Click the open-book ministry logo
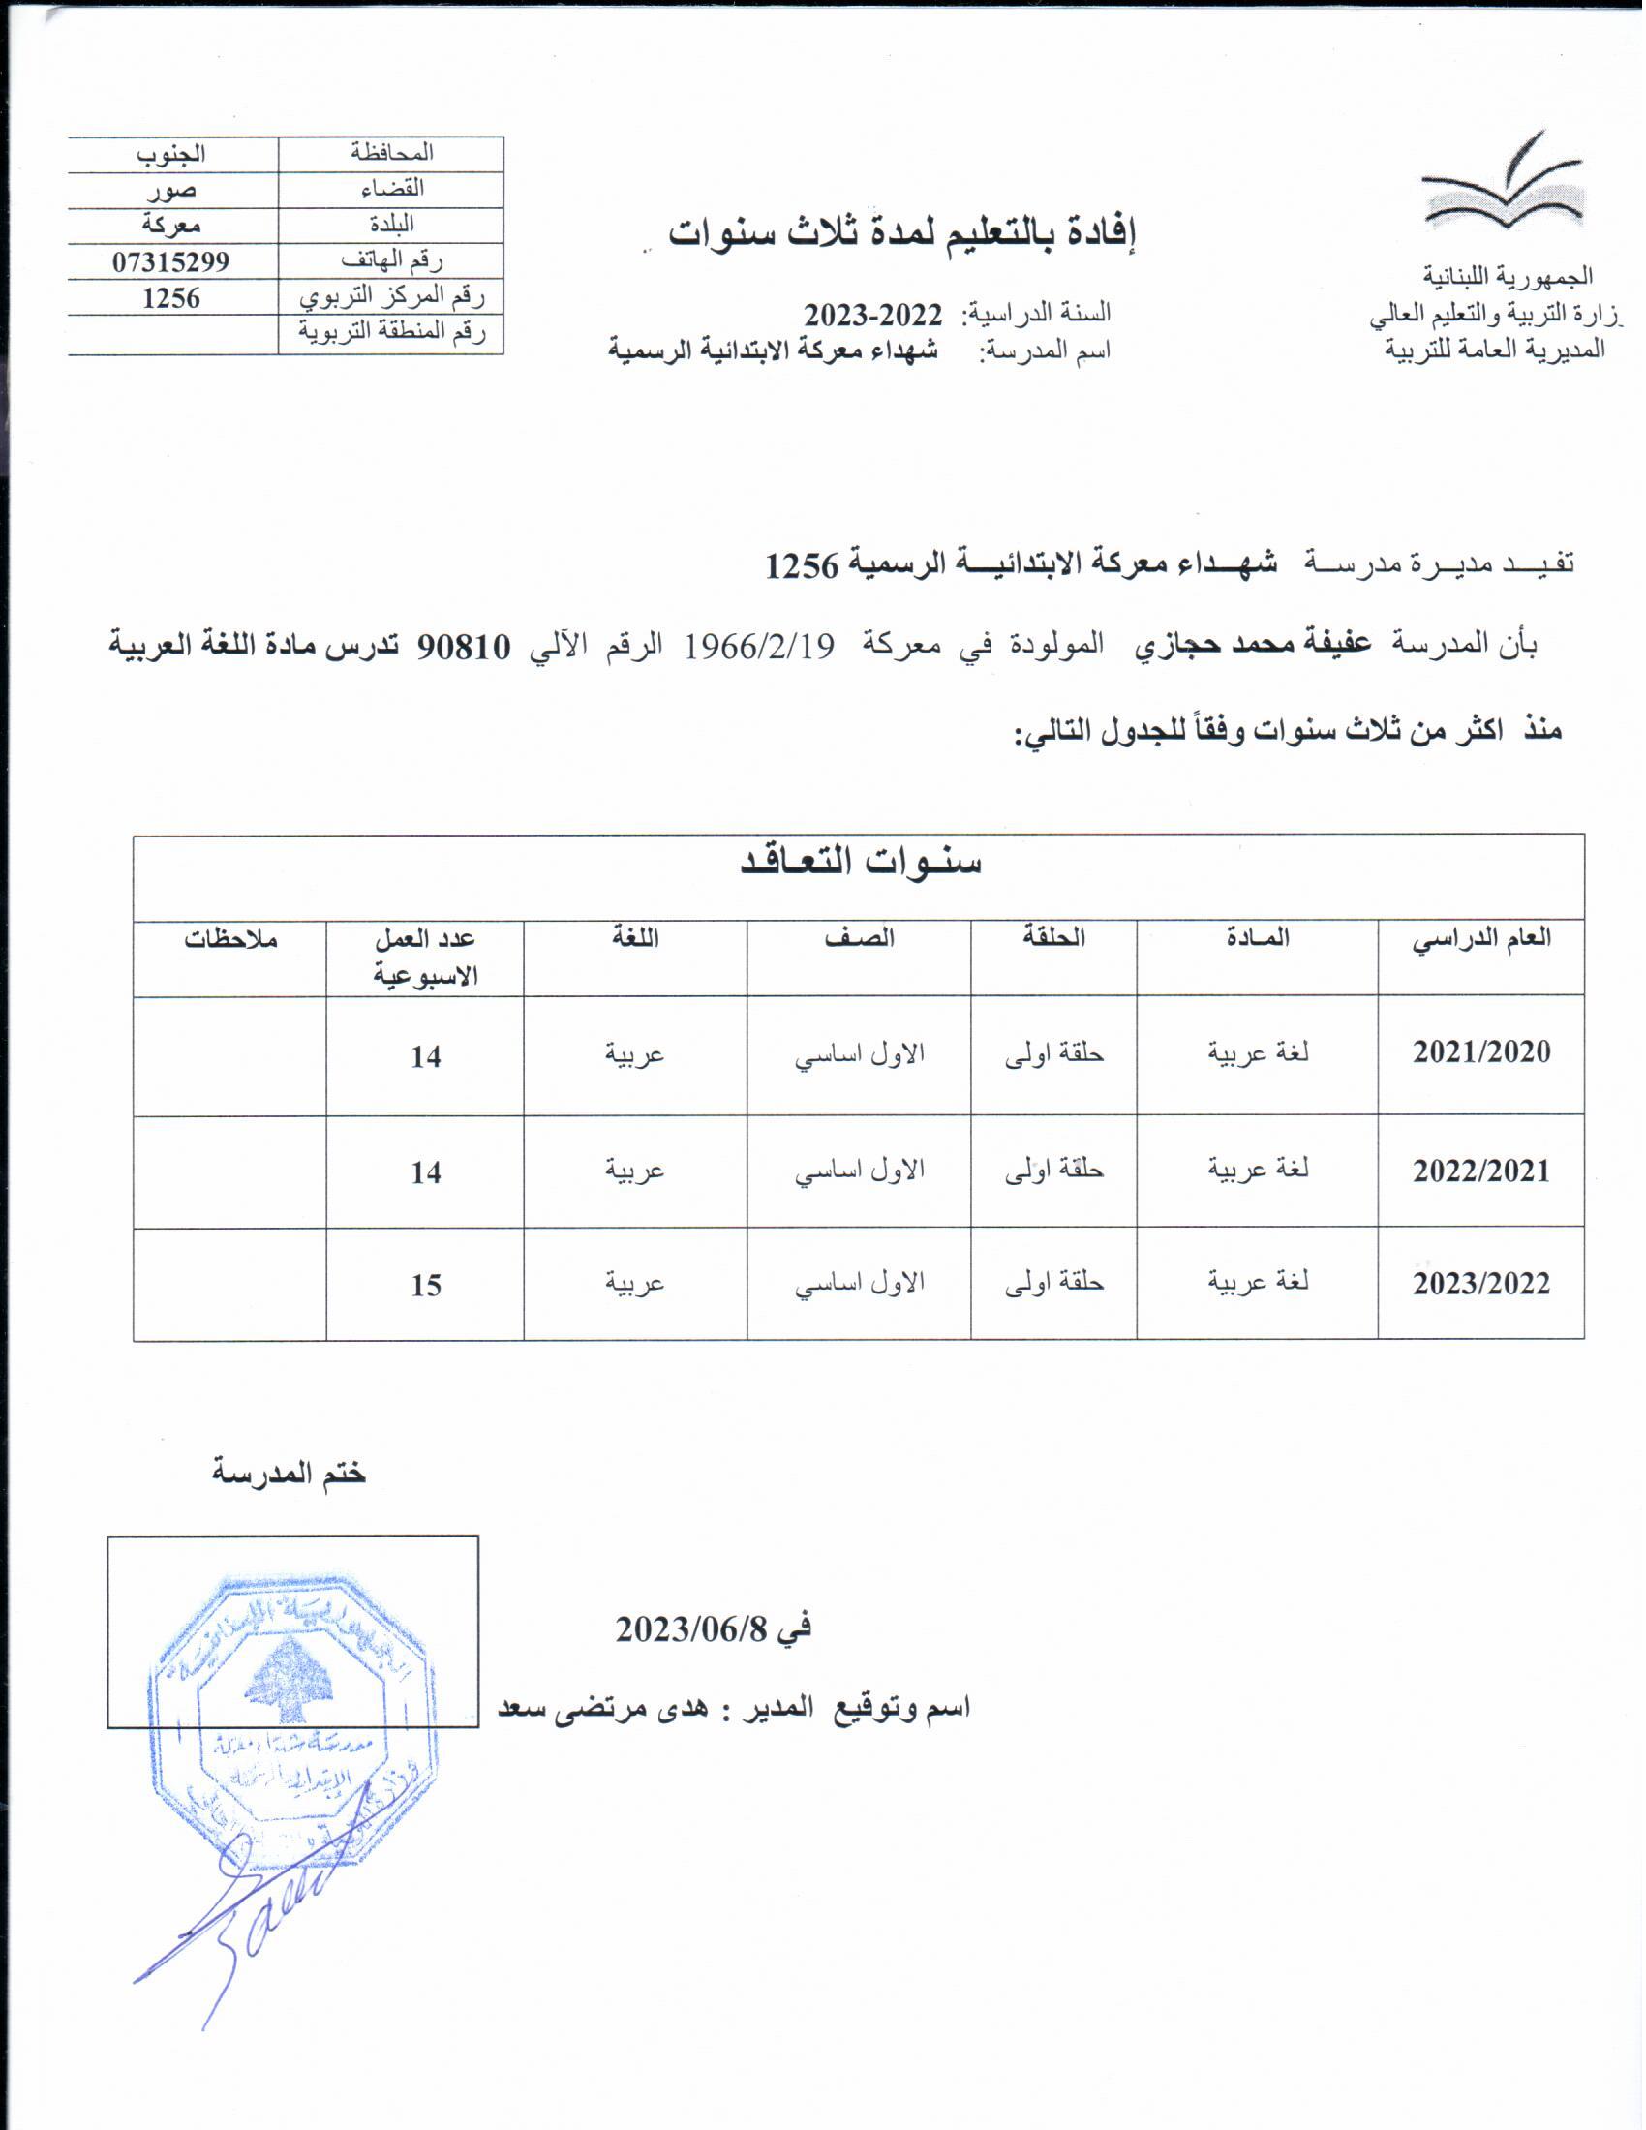click(x=1503, y=186)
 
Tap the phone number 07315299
click(x=170, y=261)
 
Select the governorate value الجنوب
click(x=170, y=154)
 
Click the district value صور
click(x=171, y=189)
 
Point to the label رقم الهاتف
click(x=391, y=260)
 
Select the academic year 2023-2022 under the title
click(x=872, y=315)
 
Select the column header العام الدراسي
click(x=1480, y=938)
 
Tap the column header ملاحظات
click(x=231, y=938)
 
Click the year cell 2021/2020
click(x=1480, y=1052)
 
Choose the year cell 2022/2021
click(x=1480, y=1170)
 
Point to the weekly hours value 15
click(x=425, y=1286)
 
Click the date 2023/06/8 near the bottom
click(x=713, y=1628)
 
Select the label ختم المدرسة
click(x=289, y=1473)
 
